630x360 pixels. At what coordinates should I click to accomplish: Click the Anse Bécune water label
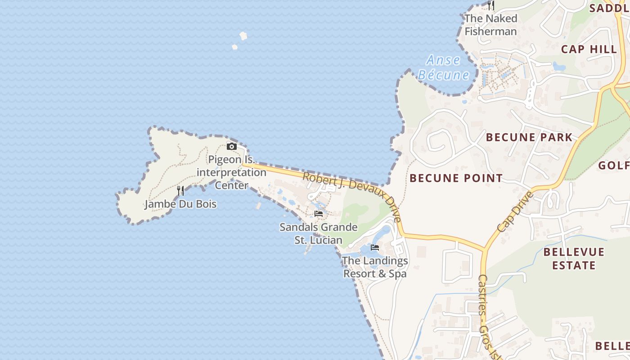[444, 67]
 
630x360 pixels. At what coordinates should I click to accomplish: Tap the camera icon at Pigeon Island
[232, 146]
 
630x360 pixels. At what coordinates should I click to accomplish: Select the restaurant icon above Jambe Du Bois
[180, 191]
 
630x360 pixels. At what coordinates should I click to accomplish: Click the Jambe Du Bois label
[180, 204]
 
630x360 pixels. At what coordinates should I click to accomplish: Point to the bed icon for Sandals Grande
[319, 214]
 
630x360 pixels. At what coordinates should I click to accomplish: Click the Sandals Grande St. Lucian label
[319, 234]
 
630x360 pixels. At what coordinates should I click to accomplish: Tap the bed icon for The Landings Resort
[374, 247]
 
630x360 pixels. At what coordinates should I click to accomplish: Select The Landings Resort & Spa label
[375, 267]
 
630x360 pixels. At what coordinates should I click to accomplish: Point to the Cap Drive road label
[516, 211]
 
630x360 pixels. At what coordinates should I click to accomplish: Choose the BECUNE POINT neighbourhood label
[456, 178]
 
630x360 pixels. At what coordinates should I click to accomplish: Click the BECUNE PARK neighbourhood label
[529, 137]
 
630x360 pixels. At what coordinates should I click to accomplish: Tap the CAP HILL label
[589, 49]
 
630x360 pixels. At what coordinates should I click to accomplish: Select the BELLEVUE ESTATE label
[574, 258]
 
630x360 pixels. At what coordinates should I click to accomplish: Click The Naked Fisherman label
[490, 25]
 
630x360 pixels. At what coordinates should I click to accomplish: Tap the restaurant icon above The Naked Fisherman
[491, 5]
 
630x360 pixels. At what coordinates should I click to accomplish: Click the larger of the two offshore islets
[243, 36]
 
